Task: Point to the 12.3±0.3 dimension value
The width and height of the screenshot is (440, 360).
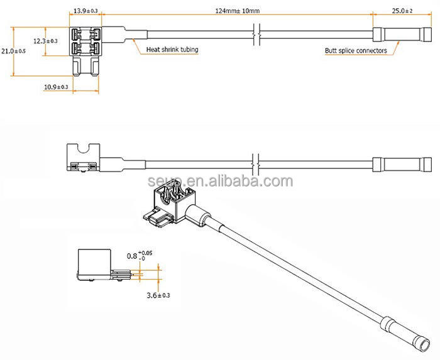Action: point(46,41)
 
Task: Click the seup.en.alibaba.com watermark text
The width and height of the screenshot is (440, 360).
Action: point(221,182)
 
